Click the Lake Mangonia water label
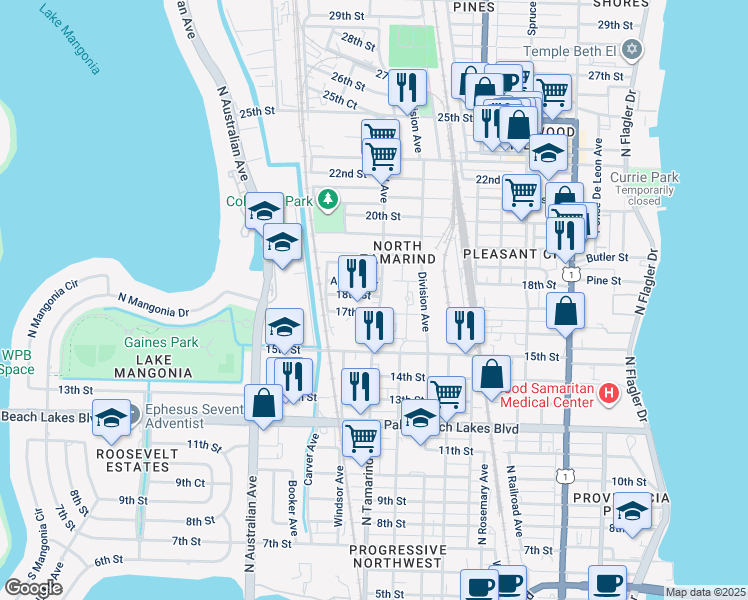pyautogui.click(x=70, y=40)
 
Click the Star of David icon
pyautogui.click(x=631, y=49)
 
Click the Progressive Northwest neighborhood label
pyautogui.click(x=398, y=556)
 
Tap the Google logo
pyautogui.click(x=34, y=587)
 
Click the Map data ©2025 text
pyautogui.click(x=705, y=592)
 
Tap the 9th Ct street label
pyautogui.click(x=190, y=481)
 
